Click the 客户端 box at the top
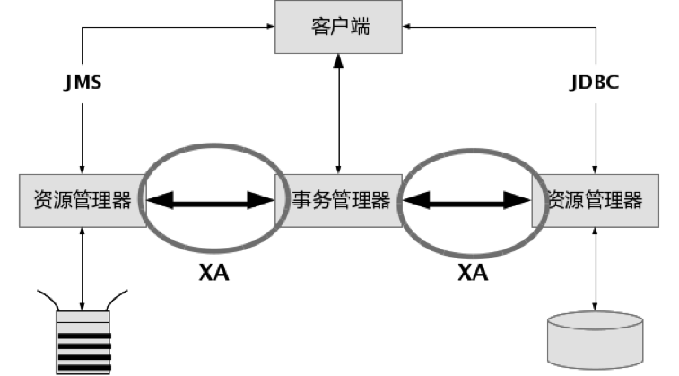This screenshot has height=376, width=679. pos(339,27)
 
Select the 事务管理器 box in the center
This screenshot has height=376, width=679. pos(339,200)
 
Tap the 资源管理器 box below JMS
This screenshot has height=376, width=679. pos(83,200)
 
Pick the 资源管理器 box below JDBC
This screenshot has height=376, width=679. pos(596,200)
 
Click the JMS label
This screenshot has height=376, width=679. pos(83,83)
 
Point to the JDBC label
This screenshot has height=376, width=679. pos(594,83)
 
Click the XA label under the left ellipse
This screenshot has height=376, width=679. pos(213,273)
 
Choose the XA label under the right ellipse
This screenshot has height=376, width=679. pos(473,273)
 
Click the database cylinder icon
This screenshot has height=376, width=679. pos(595,340)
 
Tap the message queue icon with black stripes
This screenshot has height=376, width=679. pos(83,342)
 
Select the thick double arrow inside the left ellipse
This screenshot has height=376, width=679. pos(211,200)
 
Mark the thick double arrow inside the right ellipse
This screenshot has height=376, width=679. pos(466,200)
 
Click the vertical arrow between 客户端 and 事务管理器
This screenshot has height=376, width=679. pos(339,114)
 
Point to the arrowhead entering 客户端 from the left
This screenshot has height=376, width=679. pos(271,26)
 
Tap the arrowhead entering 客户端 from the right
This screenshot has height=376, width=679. pos(406,26)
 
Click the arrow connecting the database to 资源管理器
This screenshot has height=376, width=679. pos(595,269)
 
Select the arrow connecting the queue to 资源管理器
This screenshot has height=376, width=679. pos(83,269)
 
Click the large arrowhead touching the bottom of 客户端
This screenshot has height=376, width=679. pos(339,62)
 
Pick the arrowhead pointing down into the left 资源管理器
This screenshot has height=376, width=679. pos(83,170)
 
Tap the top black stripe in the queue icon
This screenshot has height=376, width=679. pos(84,336)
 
